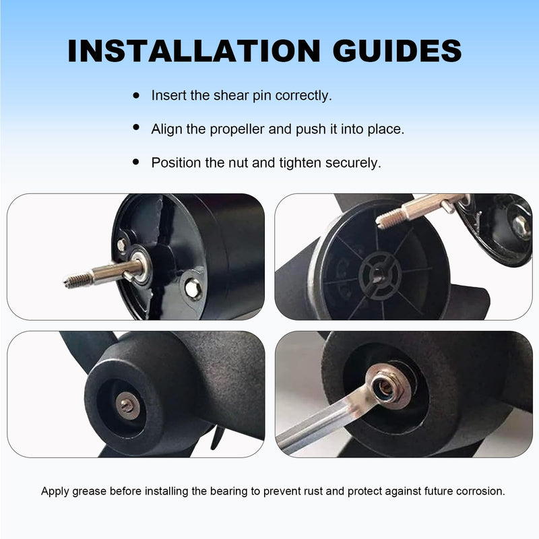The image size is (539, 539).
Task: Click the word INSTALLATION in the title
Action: tap(194, 51)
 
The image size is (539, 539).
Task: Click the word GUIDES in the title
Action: tap(397, 51)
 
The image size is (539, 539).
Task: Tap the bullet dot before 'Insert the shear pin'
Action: tap(136, 95)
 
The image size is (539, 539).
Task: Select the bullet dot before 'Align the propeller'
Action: tap(136, 127)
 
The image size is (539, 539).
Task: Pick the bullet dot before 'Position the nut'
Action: tap(136, 162)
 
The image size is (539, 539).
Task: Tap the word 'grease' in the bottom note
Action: tap(89, 491)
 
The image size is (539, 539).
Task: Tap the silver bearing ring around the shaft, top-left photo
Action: tap(141, 265)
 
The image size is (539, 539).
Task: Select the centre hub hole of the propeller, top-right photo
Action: tap(378, 275)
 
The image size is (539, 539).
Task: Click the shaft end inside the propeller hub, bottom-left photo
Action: tap(127, 406)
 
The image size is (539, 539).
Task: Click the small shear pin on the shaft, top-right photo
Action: tap(447, 207)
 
